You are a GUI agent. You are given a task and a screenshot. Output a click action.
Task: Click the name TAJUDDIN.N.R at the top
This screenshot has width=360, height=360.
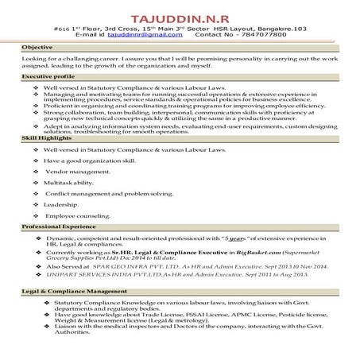(180, 15)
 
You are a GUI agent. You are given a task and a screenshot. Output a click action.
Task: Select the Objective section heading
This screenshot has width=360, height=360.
(37, 48)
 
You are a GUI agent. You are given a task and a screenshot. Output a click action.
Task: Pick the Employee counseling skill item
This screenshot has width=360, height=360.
(77, 215)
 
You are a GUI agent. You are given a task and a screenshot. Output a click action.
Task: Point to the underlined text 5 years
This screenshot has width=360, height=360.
(234, 238)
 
